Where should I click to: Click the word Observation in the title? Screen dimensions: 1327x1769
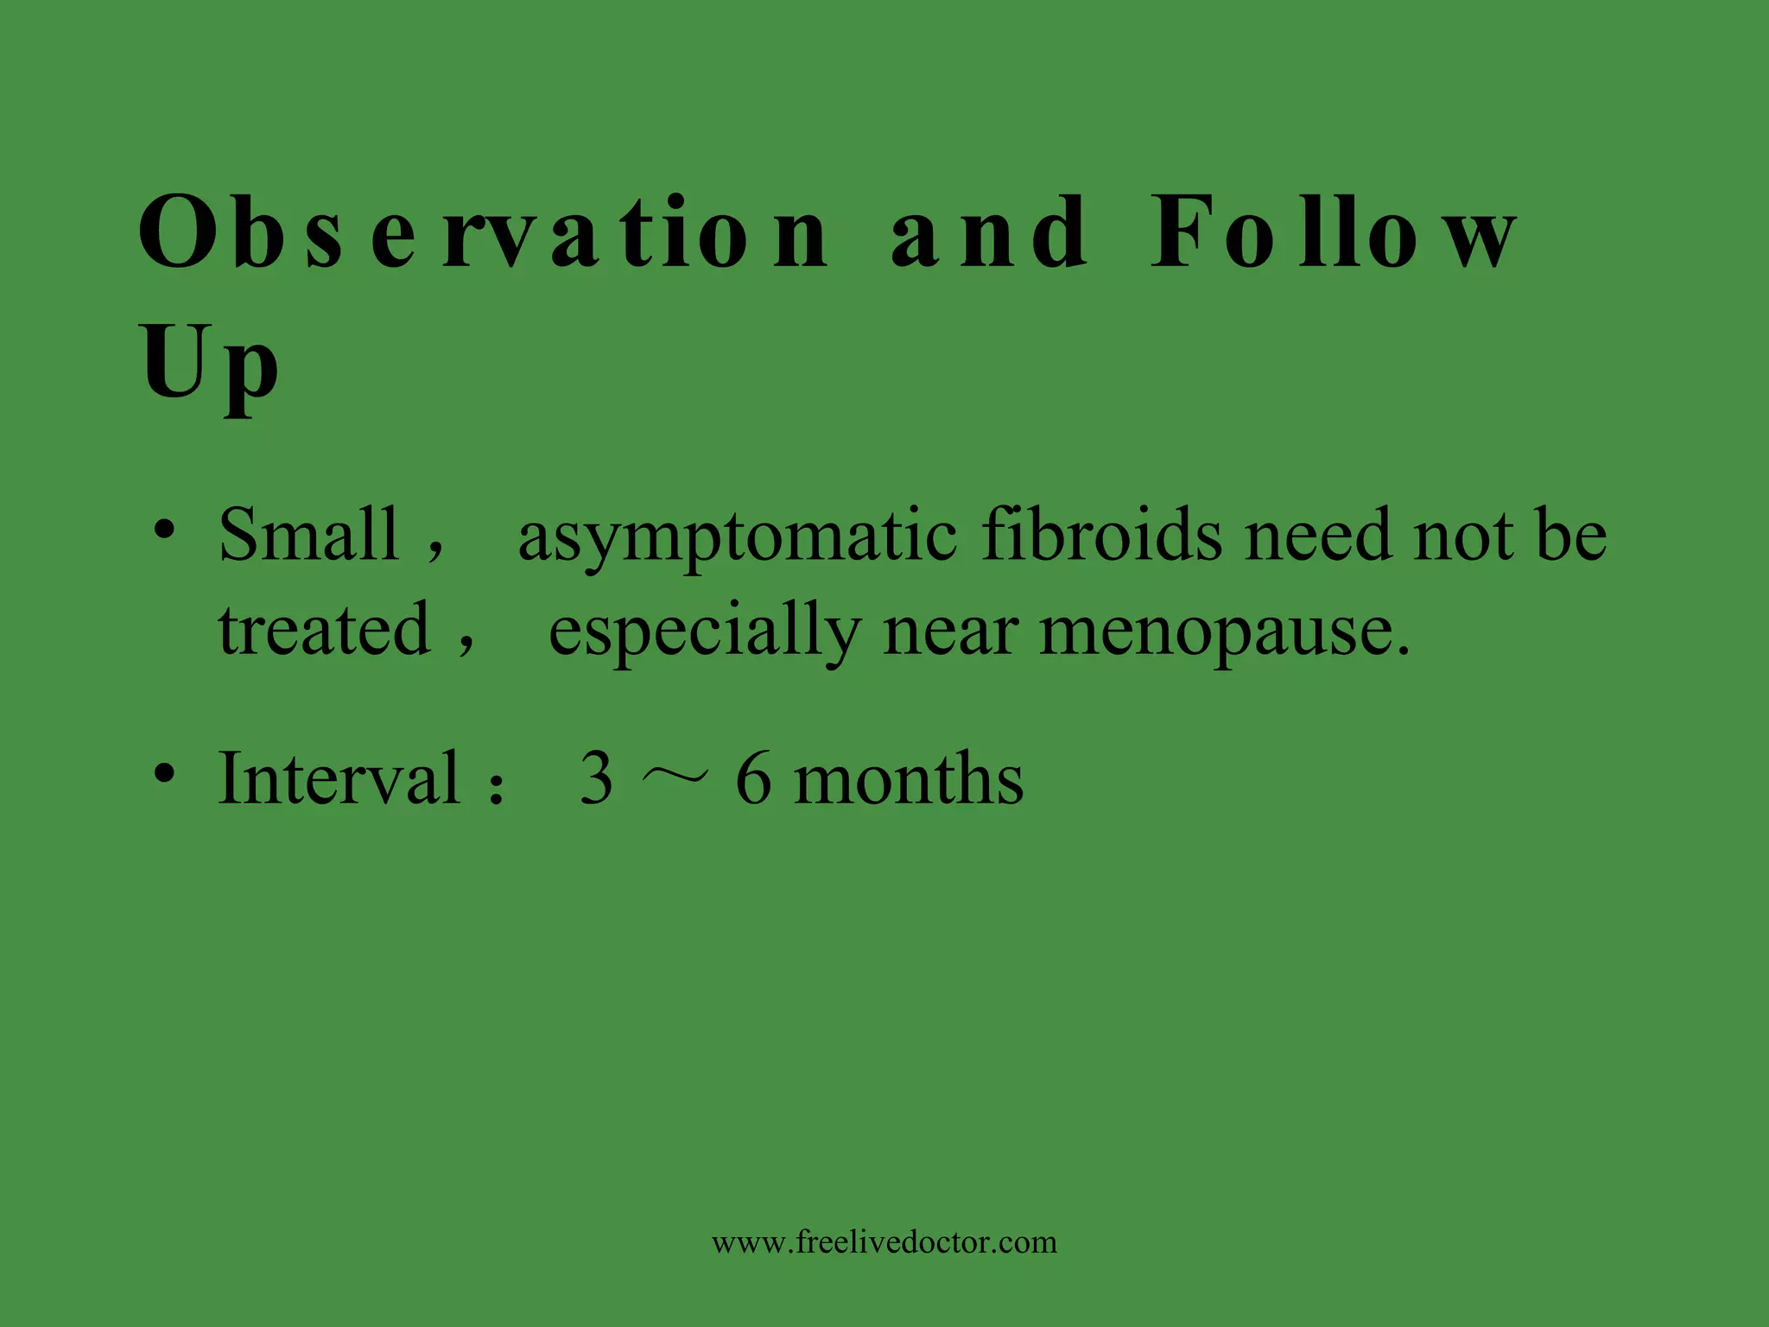point(484,232)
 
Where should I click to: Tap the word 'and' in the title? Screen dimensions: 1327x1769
point(989,232)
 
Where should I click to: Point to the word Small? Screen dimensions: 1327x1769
point(308,535)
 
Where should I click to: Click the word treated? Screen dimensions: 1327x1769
point(324,629)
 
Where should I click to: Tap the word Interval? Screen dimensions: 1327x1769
point(339,778)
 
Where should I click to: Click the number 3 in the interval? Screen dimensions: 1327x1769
point(597,778)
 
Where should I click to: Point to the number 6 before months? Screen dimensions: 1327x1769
point(753,778)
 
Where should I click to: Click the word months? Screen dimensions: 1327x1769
point(909,778)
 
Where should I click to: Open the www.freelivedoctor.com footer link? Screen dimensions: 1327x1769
point(884,1242)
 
